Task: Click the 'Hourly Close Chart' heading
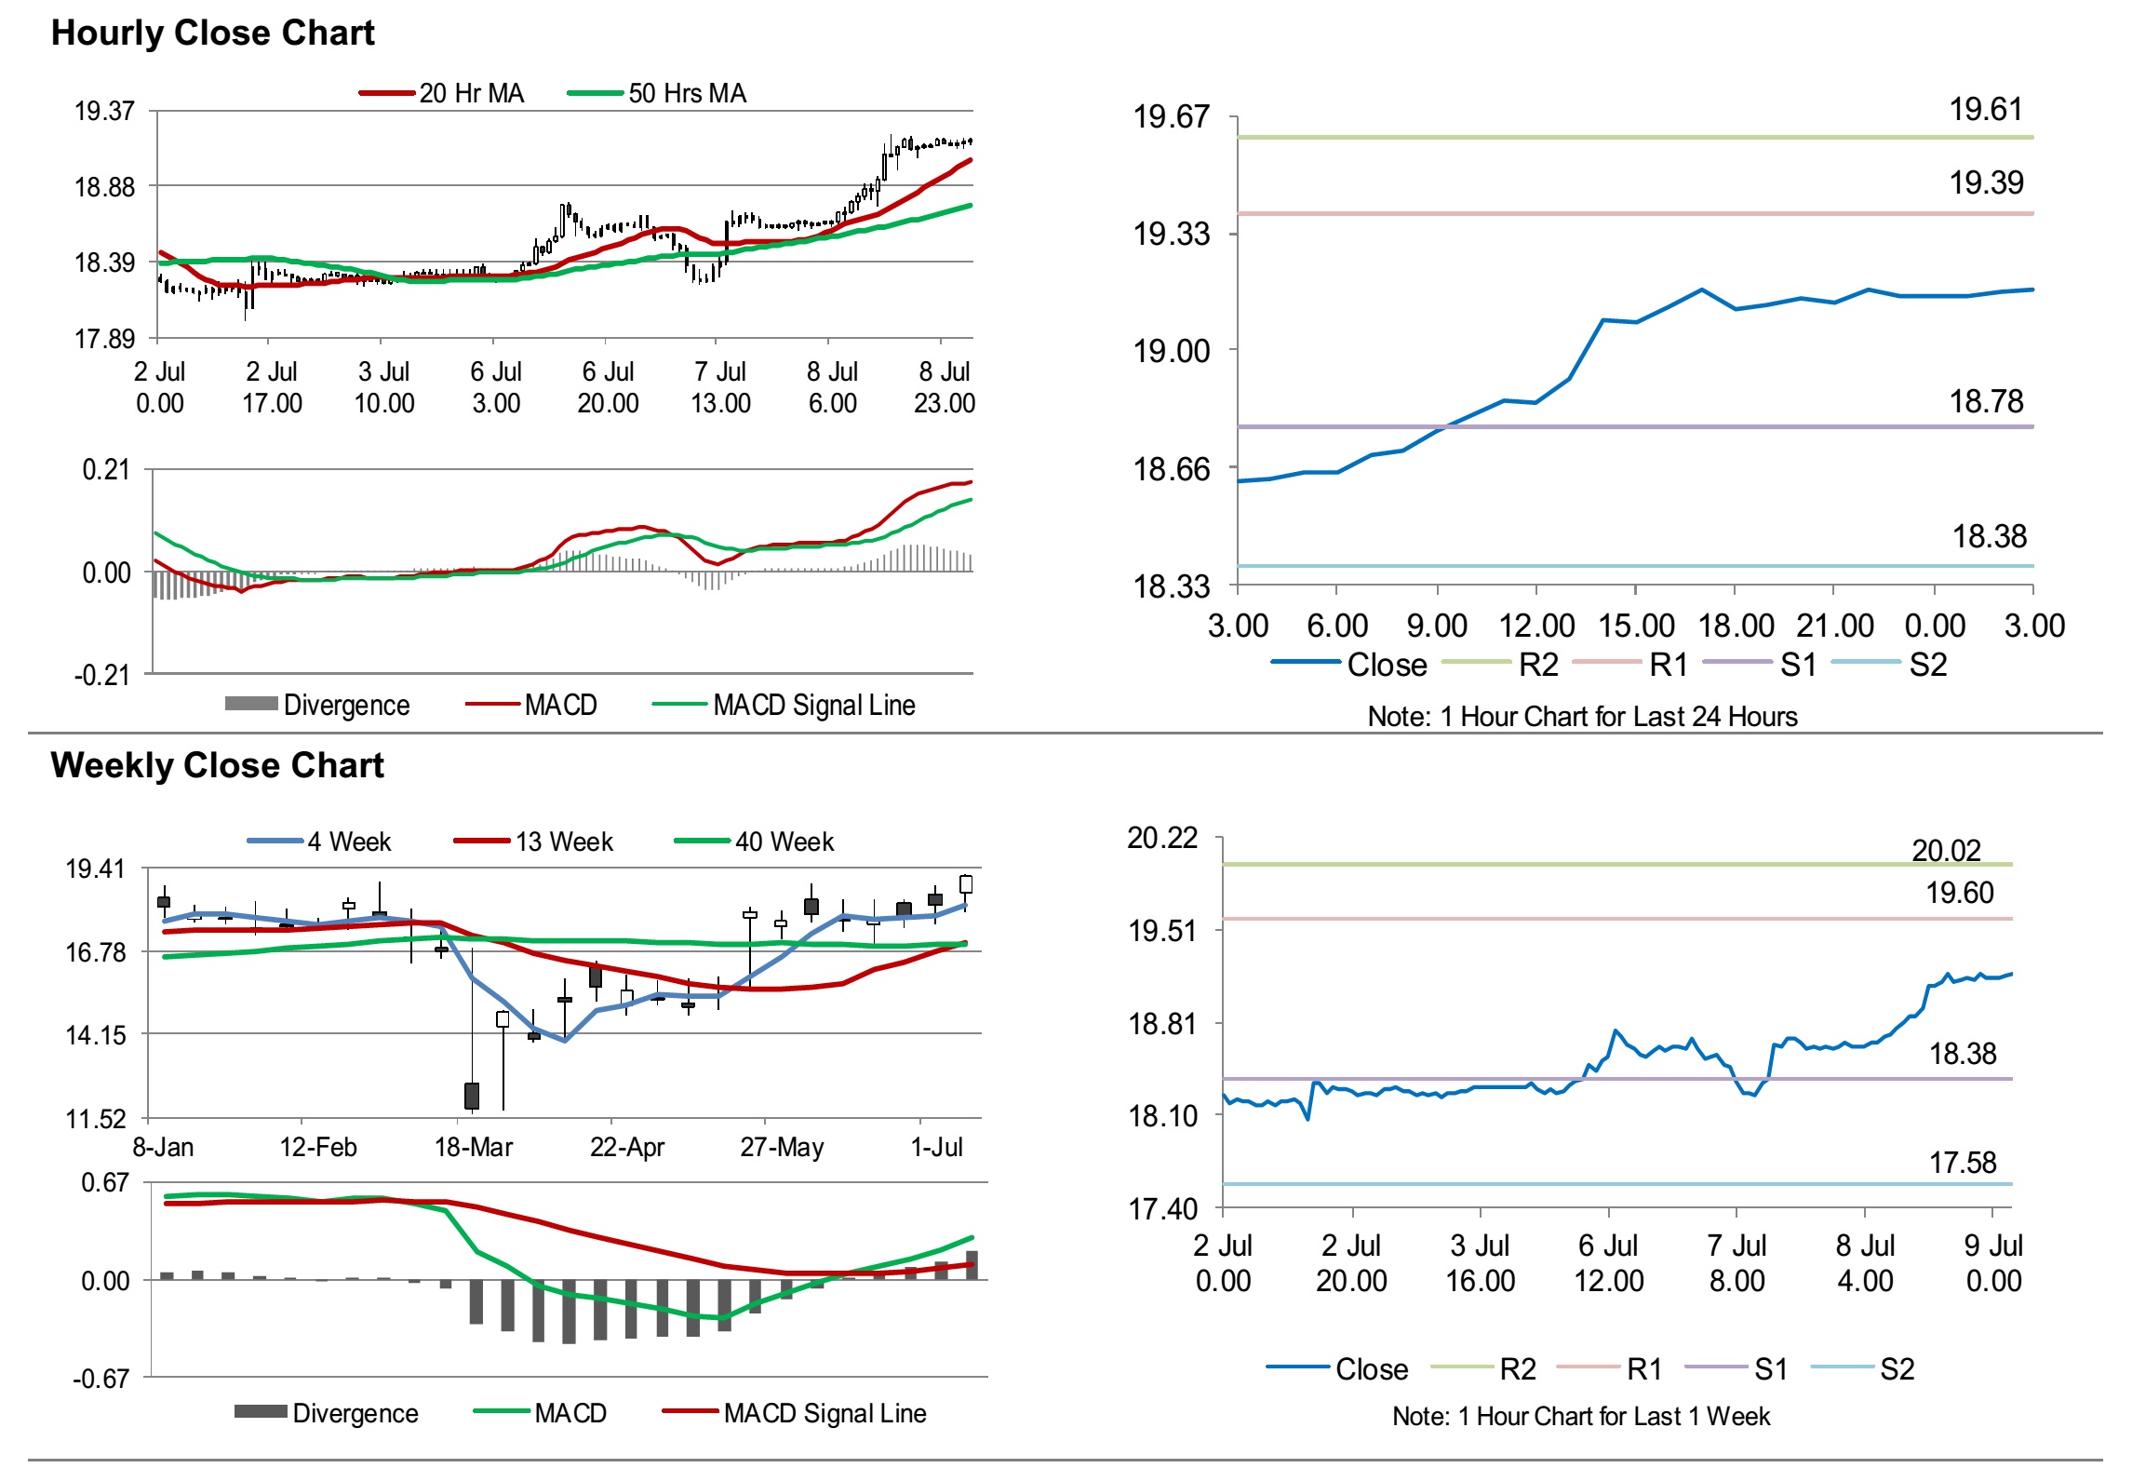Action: pyautogui.click(x=212, y=34)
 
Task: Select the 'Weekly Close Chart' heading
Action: pyautogui.click(x=217, y=765)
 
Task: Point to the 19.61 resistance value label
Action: pyautogui.click(x=1986, y=110)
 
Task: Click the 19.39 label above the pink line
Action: pyautogui.click(x=1986, y=183)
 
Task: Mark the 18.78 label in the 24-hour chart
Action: pyautogui.click(x=1986, y=402)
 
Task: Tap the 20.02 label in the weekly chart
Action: pyautogui.click(x=1946, y=850)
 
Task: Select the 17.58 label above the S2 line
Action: pyautogui.click(x=1963, y=1163)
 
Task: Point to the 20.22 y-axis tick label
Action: pyautogui.click(x=1162, y=838)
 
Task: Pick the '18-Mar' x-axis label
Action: pyautogui.click(x=474, y=1147)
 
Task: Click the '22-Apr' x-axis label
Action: pyautogui.click(x=627, y=1147)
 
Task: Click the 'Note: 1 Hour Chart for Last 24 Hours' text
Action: pyautogui.click(x=1582, y=717)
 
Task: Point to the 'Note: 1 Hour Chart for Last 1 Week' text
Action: pyautogui.click(x=1581, y=1417)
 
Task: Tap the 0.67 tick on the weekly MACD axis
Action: pyautogui.click(x=105, y=1183)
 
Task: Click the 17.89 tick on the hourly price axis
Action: pyautogui.click(x=105, y=339)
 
